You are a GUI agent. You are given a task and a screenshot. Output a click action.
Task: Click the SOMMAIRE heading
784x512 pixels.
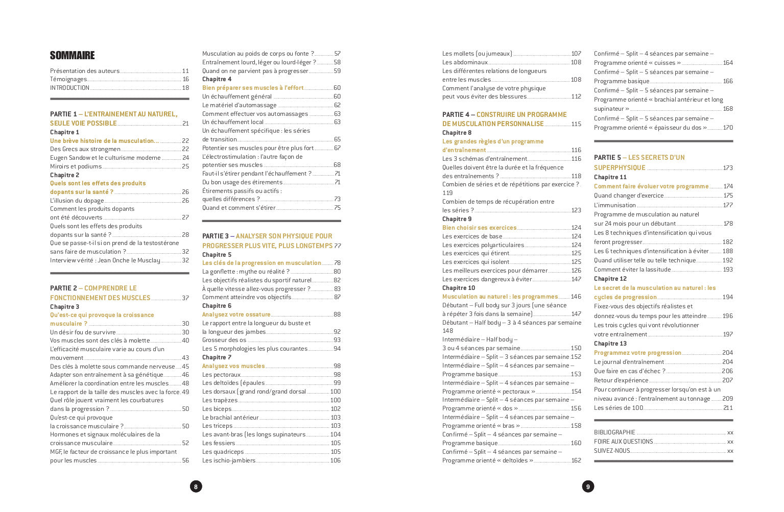(72, 56)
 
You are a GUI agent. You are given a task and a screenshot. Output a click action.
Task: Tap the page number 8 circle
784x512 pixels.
(196, 486)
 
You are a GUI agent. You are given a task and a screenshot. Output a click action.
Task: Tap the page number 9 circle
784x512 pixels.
(588, 486)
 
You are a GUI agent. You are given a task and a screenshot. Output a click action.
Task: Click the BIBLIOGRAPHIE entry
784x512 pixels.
(614, 432)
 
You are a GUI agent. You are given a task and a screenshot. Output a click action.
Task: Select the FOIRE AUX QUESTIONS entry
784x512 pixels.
(623, 442)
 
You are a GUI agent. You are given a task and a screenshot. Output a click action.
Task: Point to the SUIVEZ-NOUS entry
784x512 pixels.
(612, 451)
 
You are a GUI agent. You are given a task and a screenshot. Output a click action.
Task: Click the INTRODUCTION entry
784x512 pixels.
(69, 88)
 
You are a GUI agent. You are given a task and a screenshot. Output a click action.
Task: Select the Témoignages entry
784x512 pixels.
(68, 79)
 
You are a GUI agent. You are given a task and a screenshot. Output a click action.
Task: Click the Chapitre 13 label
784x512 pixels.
(610, 344)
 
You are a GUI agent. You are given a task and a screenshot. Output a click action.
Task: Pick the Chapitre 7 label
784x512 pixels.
(217, 357)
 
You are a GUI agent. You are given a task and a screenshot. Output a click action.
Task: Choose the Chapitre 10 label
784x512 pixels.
(458, 288)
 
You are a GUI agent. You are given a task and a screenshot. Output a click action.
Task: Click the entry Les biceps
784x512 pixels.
(217, 409)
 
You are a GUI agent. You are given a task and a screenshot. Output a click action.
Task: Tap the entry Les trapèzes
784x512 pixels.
(220, 400)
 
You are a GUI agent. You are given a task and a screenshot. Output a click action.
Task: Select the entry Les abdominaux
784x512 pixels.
(465, 62)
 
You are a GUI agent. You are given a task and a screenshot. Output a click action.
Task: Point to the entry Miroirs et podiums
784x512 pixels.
(76, 166)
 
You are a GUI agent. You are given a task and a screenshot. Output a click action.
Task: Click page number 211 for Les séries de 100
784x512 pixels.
(728, 408)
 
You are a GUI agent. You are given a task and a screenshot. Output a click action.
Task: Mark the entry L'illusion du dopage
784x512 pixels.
(77, 201)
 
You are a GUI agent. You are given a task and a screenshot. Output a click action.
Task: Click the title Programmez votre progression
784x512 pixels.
(637, 353)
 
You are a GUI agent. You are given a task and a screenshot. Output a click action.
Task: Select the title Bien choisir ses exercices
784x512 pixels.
(479, 228)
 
